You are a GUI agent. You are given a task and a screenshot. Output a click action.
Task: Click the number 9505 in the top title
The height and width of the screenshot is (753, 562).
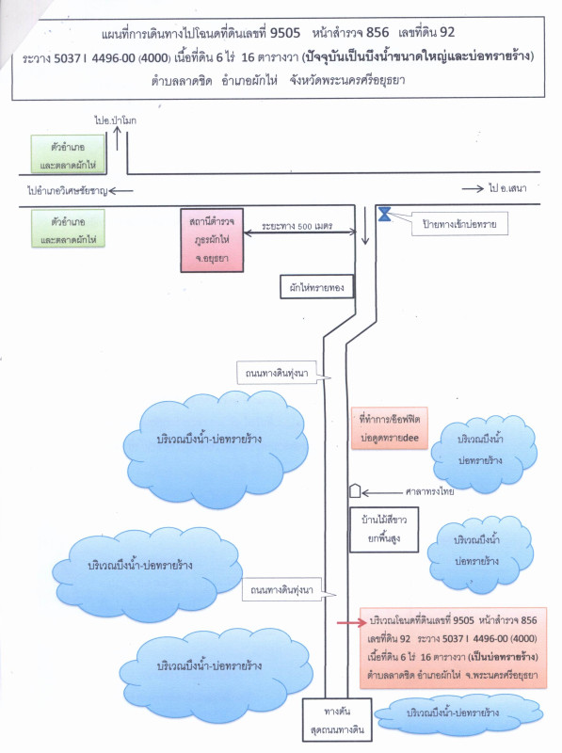pyautogui.click(x=285, y=33)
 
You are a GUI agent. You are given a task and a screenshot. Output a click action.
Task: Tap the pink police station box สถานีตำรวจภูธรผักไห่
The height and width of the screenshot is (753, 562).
pyautogui.click(x=212, y=240)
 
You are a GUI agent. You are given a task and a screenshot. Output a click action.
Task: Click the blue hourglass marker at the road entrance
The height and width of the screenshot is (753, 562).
pyautogui.click(x=384, y=214)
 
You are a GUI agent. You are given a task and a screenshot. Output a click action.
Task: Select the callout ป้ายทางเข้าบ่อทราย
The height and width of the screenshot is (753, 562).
pyautogui.click(x=459, y=224)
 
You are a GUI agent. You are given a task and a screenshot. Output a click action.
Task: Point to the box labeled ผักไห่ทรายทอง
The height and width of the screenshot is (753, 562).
pyautogui.click(x=316, y=287)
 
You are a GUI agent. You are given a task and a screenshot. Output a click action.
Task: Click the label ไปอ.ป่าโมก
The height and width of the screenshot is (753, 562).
pyautogui.click(x=115, y=120)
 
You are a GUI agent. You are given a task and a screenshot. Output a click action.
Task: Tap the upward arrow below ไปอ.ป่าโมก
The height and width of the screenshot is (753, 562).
pyautogui.click(x=118, y=138)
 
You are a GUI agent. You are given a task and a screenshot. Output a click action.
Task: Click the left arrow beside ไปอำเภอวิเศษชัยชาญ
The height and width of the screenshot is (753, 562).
pyautogui.click(x=121, y=191)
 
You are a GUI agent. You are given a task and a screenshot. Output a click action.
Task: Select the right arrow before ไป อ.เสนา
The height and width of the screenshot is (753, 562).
pyautogui.click(x=473, y=189)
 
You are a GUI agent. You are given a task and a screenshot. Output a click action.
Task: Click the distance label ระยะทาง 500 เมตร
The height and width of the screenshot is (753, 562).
pyautogui.click(x=297, y=226)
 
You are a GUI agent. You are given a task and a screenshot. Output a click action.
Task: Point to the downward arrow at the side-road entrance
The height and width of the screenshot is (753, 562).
pyautogui.click(x=365, y=225)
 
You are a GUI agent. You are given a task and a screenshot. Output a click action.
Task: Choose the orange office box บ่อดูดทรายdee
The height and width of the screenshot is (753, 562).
pyautogui.click(x=389, y=428)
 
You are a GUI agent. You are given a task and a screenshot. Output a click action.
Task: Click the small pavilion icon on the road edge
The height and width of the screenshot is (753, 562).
pyautogui.click(x=355, y=490)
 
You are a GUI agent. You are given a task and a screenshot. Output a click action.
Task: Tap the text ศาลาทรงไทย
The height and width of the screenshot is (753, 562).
pyautogui.click(x=429, y=491)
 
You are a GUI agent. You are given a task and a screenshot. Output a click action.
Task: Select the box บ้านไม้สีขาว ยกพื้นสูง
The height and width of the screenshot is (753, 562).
pyautogui.click(x=384, y=529)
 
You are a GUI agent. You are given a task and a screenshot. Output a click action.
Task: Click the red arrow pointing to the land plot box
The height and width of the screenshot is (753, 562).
pyautogui.click(x=352, y=623)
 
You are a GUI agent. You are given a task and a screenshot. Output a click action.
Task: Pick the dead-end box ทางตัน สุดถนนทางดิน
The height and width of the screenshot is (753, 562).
pyautogui.click(x=337, y=720)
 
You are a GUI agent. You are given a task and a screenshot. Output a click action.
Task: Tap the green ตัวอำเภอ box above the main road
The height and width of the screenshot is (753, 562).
pyautogui.click(x=68, y=153)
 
